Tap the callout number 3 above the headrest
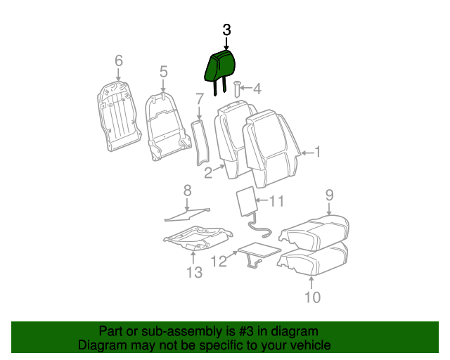[x=226, y=30]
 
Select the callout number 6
[x=118, y=60]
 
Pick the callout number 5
[x=163, y=72]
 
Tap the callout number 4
[x=257, y=89]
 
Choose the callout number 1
[x=317, y=151]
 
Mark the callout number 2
[x=208, y=173]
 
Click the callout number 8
[x=187, y=190]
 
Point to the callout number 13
[x=194, y=271]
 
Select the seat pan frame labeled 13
[x=195, y=237]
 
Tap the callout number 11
[x=276, y=202]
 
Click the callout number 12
[x=219, y=262]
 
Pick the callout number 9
[x=329, y=195]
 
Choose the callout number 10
[x=312, y=297]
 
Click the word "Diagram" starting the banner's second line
[x=102, y=345]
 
